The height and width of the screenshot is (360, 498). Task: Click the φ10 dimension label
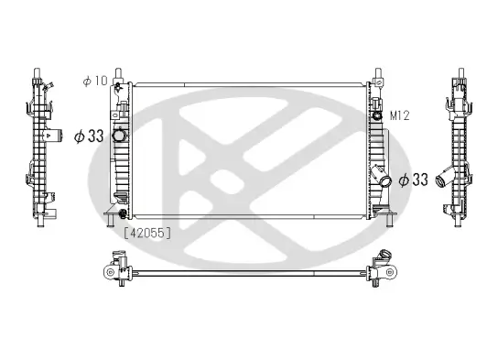[95, 82]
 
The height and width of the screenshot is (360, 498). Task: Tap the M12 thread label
[398, 115]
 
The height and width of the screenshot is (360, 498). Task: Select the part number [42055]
[147, 232]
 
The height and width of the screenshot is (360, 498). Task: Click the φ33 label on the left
[88, 136]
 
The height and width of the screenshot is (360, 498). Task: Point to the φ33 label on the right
[415, 180]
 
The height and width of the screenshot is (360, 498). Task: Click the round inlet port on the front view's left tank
[118, 136]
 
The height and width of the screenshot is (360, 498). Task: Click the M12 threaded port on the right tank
[376, 116]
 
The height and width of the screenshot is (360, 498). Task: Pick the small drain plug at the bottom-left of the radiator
[112, 216]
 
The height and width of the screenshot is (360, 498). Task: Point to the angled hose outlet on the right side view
[444, 178]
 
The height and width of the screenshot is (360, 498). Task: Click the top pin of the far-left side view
[38, 71]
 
